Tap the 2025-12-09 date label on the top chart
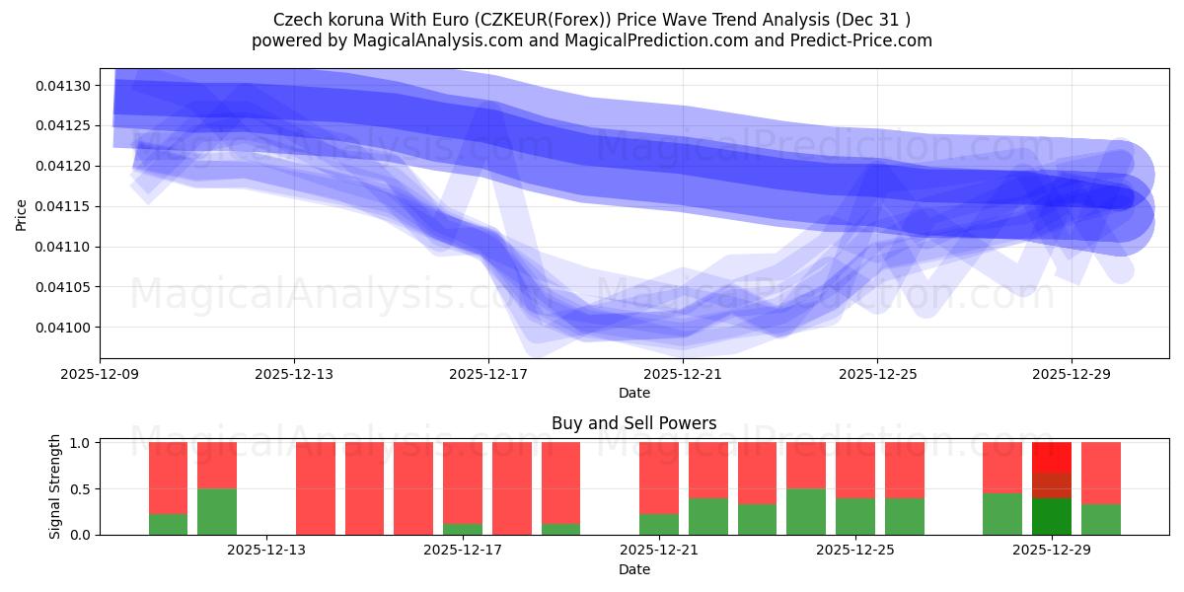tap(99, 374)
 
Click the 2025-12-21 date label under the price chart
tap(683, 374)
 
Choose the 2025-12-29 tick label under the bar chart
tap(1051, 551)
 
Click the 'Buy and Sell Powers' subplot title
tap(633, 424)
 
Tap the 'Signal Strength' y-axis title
tap(55, 486)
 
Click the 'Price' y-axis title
tap(22, 213)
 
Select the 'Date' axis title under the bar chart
tap(633, 569)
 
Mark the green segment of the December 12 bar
tap(217, 511)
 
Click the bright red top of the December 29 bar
tap(1051, 457)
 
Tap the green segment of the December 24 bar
tap(806, 511)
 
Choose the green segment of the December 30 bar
tap(1100, 519)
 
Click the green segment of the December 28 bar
tap(1001, 513)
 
